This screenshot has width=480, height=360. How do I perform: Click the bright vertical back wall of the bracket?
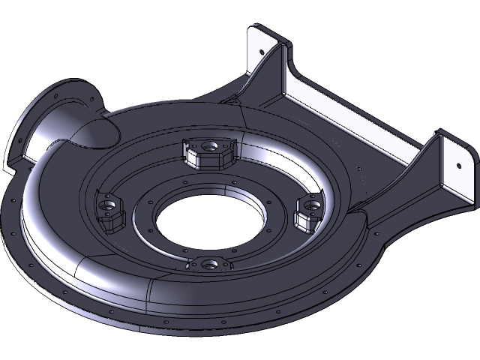point(352,112)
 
